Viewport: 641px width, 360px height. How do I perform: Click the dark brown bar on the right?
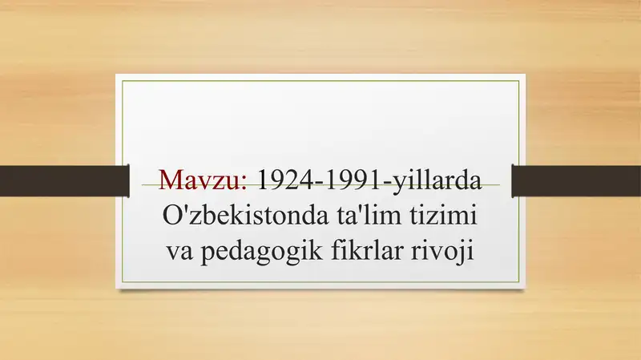click(576, 180)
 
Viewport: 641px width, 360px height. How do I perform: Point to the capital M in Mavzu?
click(172, 179)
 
